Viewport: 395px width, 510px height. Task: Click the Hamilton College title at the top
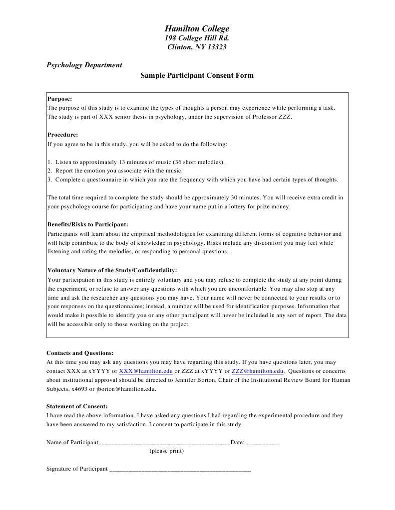pos(197,29)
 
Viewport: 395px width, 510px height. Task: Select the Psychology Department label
pos(84,65)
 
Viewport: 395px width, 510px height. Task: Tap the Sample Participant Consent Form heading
pos(197,76)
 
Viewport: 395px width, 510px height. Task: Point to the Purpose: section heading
pos(59,99)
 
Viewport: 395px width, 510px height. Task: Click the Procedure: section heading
pos(62,135)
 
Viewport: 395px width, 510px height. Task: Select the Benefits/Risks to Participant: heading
pos(87,224)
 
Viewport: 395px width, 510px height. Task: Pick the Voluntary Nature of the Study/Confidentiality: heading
pos(112,270)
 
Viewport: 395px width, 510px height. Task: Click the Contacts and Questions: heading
pos(80,353)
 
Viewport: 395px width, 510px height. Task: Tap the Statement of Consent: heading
pos(77,406)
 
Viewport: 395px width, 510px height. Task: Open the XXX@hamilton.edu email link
pos(146,371)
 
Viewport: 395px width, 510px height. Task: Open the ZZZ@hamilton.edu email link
pos(257,371)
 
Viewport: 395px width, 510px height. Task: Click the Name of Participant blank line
pos(164,443)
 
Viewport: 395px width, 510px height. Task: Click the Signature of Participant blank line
pos(180,469)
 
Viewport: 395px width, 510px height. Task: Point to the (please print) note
pos(166,451)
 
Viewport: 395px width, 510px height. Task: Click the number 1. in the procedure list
pos(50,162)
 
